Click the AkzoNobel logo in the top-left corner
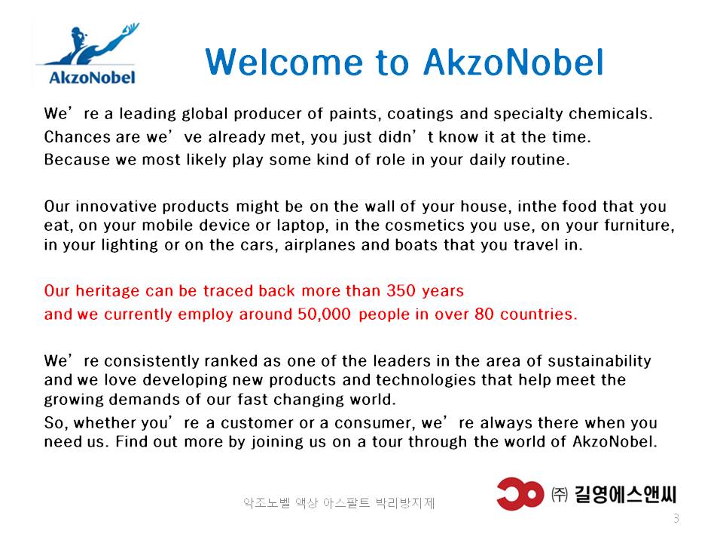pyautogui.click(x=87, y=54)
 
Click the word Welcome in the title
pyautogui.click(x=284, y=62)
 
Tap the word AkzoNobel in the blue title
pyautogui.click(x=513, y=62)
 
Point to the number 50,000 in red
pyautogui.click(x=324, y=314)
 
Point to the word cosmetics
pyautogui.click(x=425, y=225)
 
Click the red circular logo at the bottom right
pyautogui.click(x=520, y=493)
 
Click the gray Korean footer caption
pyautogui.click(x=339, y=502)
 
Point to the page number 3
pyautogui.click(x=676, y=518)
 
